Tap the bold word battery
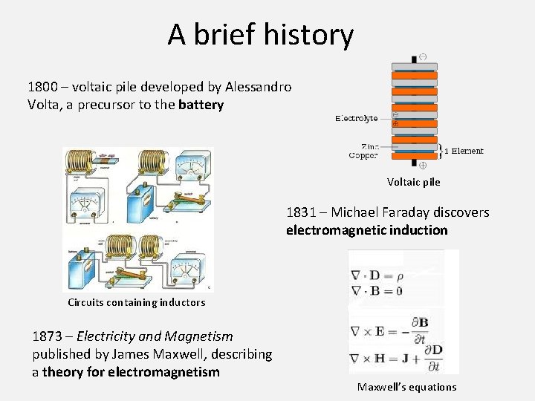point(201,105)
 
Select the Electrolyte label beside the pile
point(356,118)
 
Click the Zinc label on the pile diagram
point(371,147)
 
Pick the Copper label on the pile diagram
point(363,156)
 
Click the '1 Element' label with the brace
point(464,151)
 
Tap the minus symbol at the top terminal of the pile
point(422,57)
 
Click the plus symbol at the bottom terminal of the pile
point(422,165)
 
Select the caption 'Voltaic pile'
point(413,182)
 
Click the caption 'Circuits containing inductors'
point(136,302)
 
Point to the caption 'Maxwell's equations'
point(406,387)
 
